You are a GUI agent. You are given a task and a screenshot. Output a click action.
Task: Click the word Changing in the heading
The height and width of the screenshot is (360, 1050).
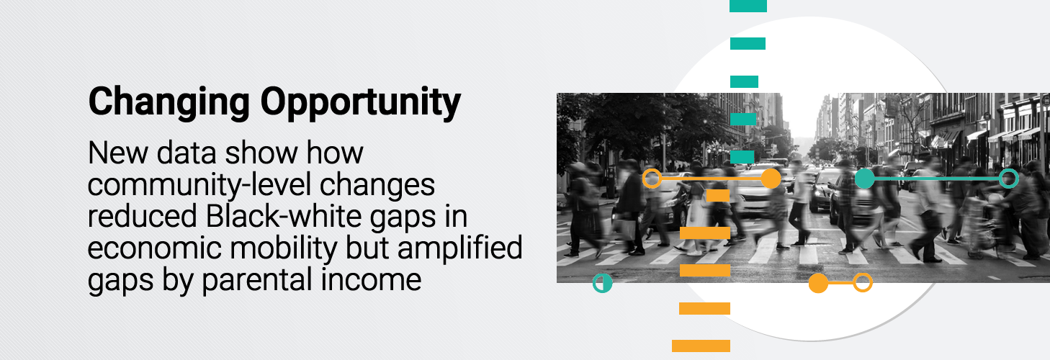pyautogui.click(x=169, y=103)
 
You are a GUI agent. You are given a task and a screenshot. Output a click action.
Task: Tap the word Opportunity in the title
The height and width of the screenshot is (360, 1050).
pyautogui.click(x=361, y=103)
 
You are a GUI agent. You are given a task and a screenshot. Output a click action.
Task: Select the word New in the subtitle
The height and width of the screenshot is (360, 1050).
pyautogui.click(x=118, y=153)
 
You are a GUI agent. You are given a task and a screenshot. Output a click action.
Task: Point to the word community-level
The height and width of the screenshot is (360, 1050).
pyautogui.click(x=199, y=186)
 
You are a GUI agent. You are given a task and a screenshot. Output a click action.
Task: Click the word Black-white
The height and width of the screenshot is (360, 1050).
pyautogui.click(x=284, y=217)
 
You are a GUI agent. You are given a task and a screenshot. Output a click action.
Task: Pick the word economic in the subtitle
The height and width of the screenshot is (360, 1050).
pyautogui.click(x=154, y=248)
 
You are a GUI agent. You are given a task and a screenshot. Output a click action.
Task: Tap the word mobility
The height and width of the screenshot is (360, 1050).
pyautogui.click(x=283, y=249)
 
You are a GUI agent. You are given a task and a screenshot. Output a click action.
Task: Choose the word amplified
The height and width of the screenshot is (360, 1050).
pyautogui.click(x=460, y=248)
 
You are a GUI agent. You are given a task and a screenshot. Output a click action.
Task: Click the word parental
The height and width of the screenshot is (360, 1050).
pyautogui.click(x=257, y=280)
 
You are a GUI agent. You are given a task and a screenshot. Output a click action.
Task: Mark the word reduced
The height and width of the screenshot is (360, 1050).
pyautogui.click(x=143, y=217)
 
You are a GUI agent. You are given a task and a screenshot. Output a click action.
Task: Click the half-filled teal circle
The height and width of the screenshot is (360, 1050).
pyautogui.click(x=602, y=283)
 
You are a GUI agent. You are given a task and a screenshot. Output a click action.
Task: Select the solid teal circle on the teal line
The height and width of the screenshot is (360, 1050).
pyautogui.click(x=865, y=179)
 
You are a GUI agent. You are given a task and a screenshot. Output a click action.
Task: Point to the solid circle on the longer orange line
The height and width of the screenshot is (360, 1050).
pyautogui.click(x=771, y=179)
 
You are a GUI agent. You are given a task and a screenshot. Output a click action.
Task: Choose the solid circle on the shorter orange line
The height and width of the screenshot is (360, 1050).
pyautogui.click(x=818, y=283)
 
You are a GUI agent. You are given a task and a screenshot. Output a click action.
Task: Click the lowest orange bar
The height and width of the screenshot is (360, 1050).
pyautogui.click(x=701, y=346)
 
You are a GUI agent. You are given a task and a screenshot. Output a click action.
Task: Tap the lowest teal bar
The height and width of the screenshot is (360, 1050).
pyautogui.click(x=742, y=156)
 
